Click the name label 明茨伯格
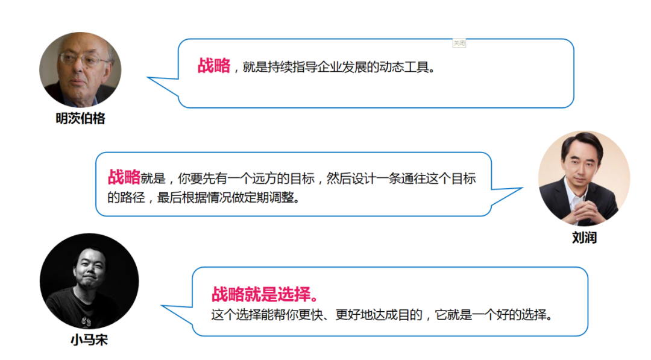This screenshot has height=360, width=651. point(80,119)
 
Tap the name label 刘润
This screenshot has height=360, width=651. point(583,238)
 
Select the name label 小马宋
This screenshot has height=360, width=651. point(89,340)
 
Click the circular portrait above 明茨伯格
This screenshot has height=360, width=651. point(80,69)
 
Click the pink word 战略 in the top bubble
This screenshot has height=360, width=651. point(213,66)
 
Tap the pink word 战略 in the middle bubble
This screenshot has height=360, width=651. point(124,177)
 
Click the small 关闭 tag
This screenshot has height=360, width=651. point(459,43)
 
